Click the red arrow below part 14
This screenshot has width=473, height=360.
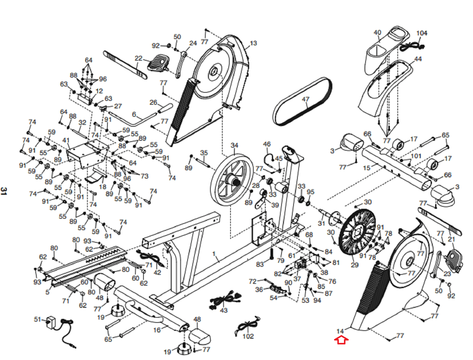point(341,340)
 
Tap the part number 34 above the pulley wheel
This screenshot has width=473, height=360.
point(234,145)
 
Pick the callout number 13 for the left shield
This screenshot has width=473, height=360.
point(253,43)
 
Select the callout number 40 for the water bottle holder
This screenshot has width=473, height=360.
point(377,32)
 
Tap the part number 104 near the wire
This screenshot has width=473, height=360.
point(422,33)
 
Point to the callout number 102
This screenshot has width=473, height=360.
point(248,336)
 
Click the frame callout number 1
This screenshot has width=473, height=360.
point(214,254)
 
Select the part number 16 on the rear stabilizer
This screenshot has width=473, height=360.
point(157,330)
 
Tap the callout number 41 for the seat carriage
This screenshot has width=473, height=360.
point(66,141)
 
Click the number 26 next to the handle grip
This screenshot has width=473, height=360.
point(153,102)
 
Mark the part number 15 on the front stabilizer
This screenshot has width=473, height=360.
point(366,168)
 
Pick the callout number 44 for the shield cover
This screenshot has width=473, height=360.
point(418,59)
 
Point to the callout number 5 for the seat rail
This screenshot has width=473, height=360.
point(47,292)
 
